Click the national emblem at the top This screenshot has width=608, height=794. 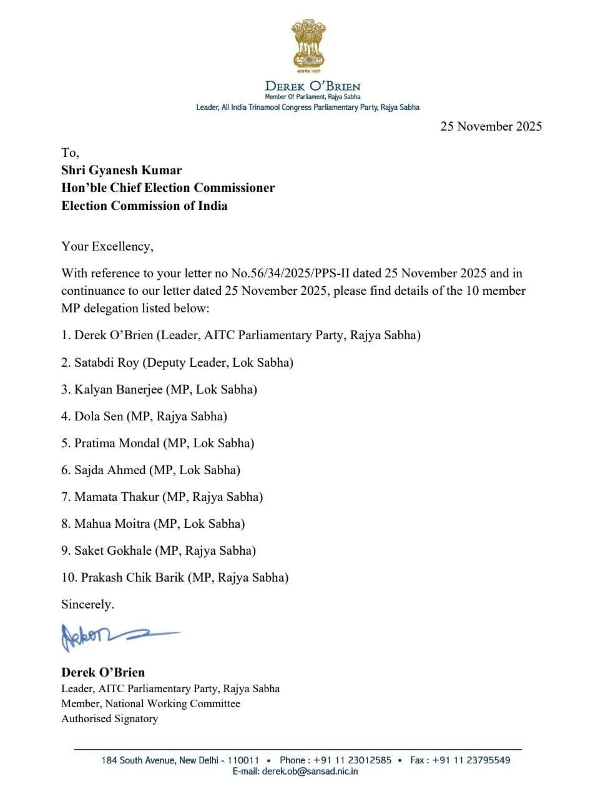coord(309,45)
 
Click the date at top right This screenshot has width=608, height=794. coord(491,126)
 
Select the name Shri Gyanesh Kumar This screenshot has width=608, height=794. coord(122,170)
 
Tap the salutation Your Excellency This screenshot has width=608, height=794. coord(107,246)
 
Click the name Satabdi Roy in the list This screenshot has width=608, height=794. coord(107,362)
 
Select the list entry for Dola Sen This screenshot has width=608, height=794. coord(99,416)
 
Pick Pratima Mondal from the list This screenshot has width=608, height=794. coord(117,443)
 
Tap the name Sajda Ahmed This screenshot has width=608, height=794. coord(110,470)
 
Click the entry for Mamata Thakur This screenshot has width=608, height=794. coord(117,497)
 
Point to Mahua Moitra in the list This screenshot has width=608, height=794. coord(112,524)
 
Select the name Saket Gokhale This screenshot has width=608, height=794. coord(113,550)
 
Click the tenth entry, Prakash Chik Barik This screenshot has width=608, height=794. coord(133,577)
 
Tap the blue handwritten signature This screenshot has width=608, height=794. coord(119,636)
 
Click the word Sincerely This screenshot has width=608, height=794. coord(87,604)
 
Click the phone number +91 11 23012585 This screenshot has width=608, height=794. coord(352,760)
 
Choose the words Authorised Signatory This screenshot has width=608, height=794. coord(109,718)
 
